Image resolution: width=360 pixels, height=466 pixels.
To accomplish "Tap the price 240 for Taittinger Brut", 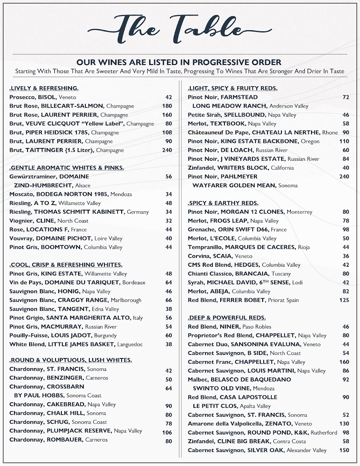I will tap(167, 150).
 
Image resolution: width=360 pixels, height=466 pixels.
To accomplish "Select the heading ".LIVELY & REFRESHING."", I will tap(44, 89).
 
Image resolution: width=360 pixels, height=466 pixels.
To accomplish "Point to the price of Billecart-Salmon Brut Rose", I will tap(167, 106).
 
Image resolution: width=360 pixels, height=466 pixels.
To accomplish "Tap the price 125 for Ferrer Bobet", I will tap(344, 300).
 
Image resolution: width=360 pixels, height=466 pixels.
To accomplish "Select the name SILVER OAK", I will tap(266, 450).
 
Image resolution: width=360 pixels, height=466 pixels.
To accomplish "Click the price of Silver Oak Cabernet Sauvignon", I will tap(344, 450).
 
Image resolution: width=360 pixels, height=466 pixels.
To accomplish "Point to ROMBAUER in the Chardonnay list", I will tap(65, 440).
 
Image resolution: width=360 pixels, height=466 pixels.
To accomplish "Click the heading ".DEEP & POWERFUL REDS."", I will tap(227, 318).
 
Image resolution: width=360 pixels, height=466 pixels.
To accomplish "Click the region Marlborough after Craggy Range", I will tap(126, 300).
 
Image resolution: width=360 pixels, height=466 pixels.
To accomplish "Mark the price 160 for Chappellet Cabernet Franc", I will tap(344, 362).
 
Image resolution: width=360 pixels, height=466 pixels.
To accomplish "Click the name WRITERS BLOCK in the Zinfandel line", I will tap(243, 168).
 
